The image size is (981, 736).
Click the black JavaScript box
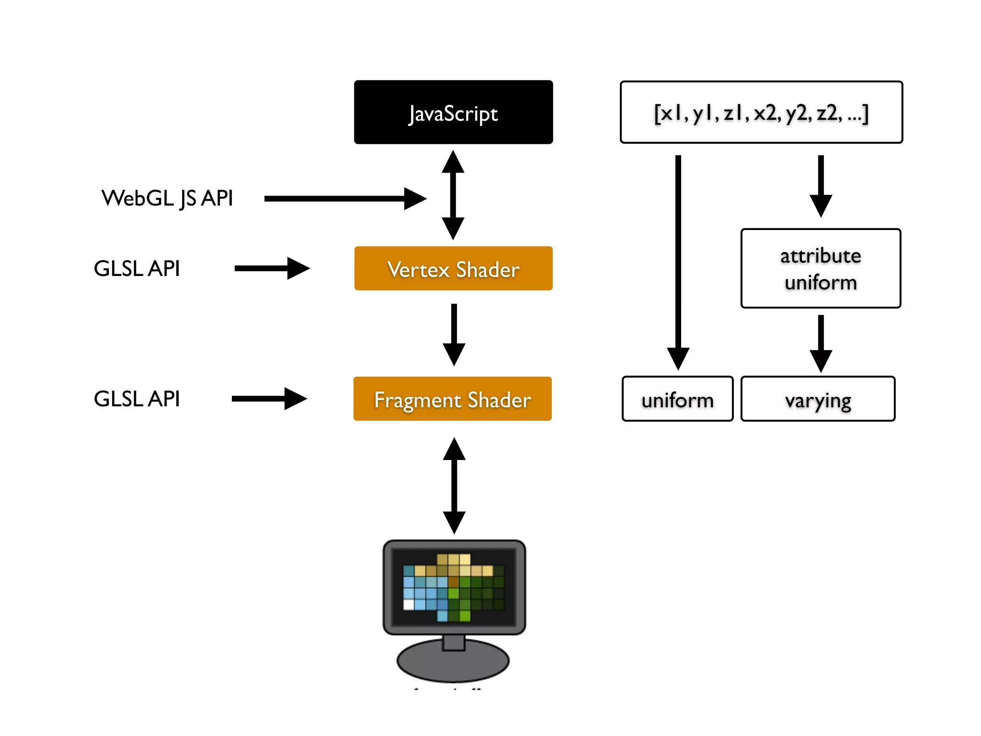point(453,112)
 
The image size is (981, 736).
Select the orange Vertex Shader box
point(453,268)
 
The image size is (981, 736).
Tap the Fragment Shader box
point(452,399)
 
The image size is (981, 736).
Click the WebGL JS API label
point(167,198)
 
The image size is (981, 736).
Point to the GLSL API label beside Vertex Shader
point(137,268)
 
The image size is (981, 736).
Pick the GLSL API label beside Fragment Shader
point(137,399)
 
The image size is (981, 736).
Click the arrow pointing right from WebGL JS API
point(345,198)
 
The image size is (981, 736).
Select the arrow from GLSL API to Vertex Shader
point(272,268)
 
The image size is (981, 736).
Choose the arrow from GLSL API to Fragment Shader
point(269,399)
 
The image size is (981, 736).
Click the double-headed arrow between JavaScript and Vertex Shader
point(453,195)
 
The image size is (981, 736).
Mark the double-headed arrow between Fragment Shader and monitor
point(454,485)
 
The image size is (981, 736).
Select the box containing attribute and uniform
point(821,268)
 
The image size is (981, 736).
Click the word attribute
point(821,256)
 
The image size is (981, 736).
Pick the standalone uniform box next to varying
point(677,399)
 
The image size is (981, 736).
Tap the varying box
point(818,399)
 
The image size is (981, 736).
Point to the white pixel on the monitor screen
point(409,605)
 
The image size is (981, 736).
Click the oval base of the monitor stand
point(453,664)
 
